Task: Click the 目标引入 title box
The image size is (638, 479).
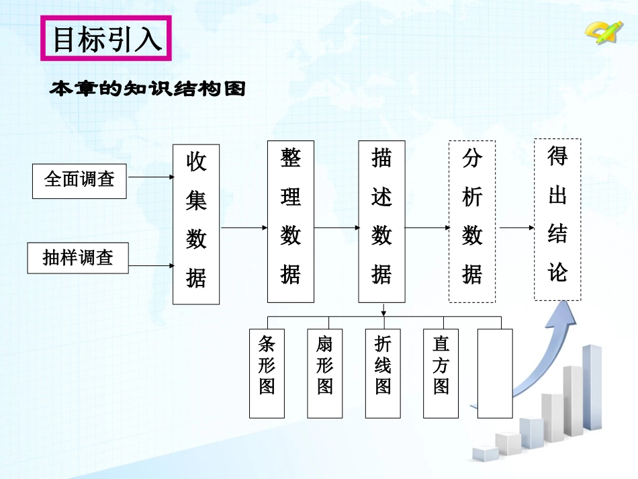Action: click(107, 39)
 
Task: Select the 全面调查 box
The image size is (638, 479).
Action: click(79, 179)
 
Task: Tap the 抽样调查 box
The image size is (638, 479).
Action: click(78, 258)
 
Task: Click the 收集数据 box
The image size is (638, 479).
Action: click(196, 224)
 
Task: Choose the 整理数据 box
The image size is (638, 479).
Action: click(290, 222)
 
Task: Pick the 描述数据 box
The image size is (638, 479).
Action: click(381, 222)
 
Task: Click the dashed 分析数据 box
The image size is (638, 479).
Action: click(472, 222)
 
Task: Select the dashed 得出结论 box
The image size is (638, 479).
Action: click(557, 220)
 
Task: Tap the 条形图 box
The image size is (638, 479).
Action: click(267, 373)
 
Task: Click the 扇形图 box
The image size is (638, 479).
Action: click(325, 373)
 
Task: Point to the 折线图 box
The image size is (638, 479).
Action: click(383, 373)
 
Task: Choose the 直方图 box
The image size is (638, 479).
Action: click(441, 373)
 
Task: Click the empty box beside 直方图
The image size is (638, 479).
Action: click(495, 373)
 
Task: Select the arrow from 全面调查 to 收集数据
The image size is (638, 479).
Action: click(150, 177)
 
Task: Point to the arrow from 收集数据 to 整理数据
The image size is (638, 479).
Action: click(244, 228)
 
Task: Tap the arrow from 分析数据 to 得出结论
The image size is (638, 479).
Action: click(516, 228)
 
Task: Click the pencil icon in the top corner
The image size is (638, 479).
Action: click(600, 31)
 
